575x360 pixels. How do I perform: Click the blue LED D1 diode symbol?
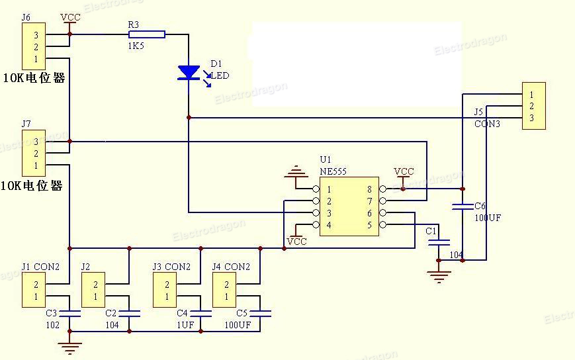click(189, 72)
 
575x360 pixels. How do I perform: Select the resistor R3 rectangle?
click(146, 34)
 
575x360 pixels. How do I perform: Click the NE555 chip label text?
click(333, 171)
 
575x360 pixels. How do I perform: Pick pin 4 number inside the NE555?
click(329, 225)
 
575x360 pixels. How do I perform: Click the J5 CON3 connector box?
click(533, 106)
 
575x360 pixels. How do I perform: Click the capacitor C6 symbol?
click(462, 207)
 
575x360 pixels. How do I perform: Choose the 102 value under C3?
click(52, 325)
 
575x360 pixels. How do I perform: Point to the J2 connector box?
click(93, 290)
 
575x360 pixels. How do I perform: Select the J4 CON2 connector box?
click(224, 290)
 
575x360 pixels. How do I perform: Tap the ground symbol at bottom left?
click(69, 345)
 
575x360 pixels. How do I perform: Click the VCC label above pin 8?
click(404, 171)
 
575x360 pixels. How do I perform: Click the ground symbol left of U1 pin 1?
click(296, 174)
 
